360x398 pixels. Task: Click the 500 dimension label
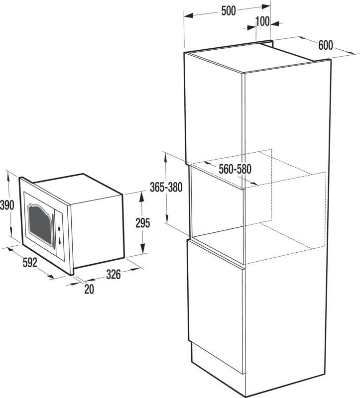[229, 10]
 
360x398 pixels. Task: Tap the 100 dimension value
[262, 21]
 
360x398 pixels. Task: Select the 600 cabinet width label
[326, 45]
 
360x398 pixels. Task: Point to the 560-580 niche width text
[235, 169]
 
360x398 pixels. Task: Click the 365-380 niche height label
[166, 187]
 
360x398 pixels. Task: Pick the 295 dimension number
[143, 223]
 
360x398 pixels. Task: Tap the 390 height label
[7, 205]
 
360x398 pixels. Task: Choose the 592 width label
[30, 263]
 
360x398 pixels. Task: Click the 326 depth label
[114, 275]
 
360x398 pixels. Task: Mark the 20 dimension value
[89, 289]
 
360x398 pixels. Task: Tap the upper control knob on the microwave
[59, 228]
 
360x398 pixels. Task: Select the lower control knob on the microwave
[59, 242]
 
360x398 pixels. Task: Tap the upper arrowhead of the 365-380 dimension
[166, 157]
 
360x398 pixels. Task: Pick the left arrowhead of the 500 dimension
[189, 16]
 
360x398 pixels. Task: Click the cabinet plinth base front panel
[217, 358]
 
